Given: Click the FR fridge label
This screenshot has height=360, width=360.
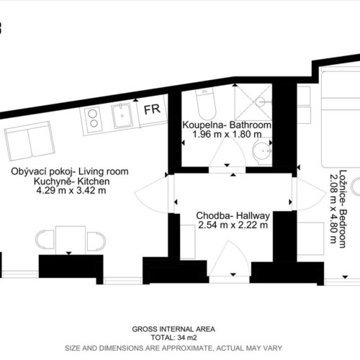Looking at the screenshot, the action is click(152, 109).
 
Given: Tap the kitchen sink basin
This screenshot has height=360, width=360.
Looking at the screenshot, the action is click(122, 116).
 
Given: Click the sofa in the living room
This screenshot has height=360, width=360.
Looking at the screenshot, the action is click(30, 141).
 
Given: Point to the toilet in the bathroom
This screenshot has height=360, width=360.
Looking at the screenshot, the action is click(206, 104).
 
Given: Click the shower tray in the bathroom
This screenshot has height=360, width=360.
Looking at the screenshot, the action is click(253, 102).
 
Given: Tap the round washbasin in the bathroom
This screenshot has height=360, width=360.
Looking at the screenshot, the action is click(262, 151).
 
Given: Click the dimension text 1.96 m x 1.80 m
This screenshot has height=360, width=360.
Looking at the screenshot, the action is click(227, 134).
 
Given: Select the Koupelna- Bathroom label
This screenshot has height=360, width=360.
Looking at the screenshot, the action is click(227, 125).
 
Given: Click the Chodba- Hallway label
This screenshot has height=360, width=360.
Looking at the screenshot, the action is click(233, 215).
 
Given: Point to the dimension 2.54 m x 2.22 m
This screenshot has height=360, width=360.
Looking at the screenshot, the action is click(233, 225).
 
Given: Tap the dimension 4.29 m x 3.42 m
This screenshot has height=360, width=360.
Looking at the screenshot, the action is click(71, 191).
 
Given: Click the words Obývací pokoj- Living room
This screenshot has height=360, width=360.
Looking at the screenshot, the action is click(70, 171).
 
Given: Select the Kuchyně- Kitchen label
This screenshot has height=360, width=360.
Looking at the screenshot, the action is click(71, 181).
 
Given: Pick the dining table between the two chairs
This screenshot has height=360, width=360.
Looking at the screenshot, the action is click(71, 240).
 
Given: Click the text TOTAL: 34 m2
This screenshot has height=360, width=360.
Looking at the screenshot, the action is click(174, 338).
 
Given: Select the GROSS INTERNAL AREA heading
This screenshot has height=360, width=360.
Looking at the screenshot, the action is click(174, 329).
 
